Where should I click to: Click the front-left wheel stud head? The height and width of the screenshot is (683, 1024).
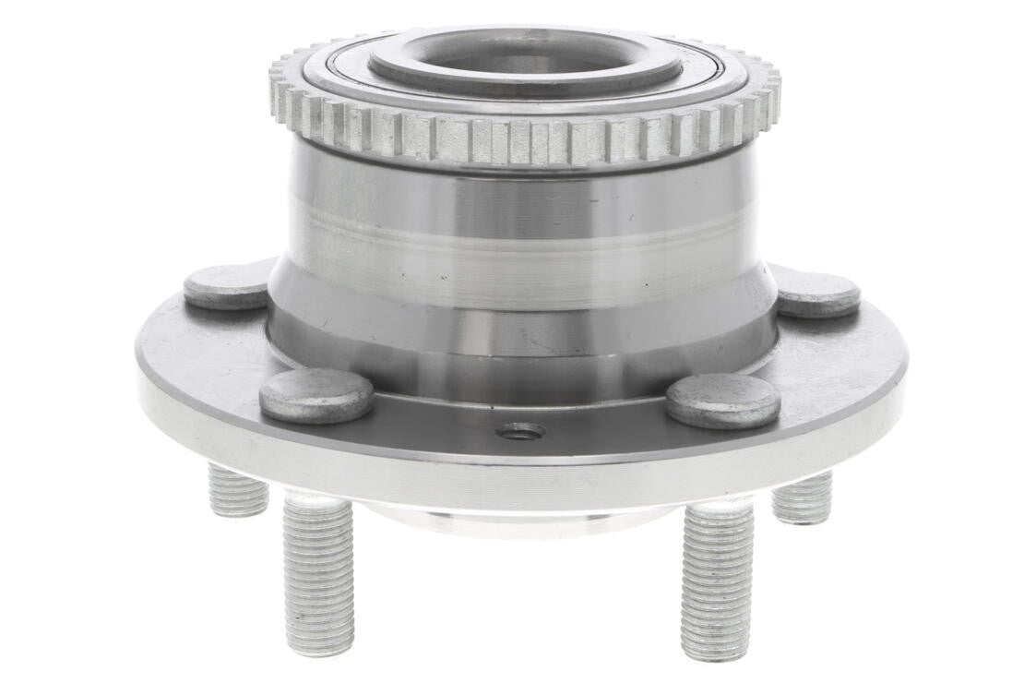pos(316,395)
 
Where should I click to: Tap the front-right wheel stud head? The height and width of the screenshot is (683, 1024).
pos(722,400)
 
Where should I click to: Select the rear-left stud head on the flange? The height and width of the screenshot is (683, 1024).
pos(226,287)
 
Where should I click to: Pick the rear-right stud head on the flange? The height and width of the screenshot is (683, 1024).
pos(818,294)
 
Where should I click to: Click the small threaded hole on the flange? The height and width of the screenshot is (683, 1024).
pos(520,431)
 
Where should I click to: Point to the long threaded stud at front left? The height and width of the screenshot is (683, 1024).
pos(318,572)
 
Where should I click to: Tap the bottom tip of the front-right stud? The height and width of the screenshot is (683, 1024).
pos(714,653)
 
